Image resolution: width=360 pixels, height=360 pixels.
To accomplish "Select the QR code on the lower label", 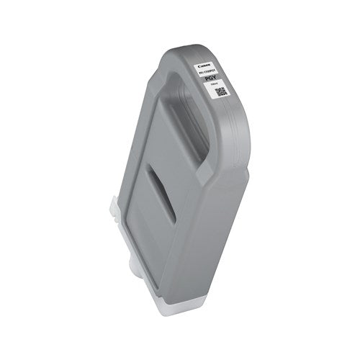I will tap(221, 92).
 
